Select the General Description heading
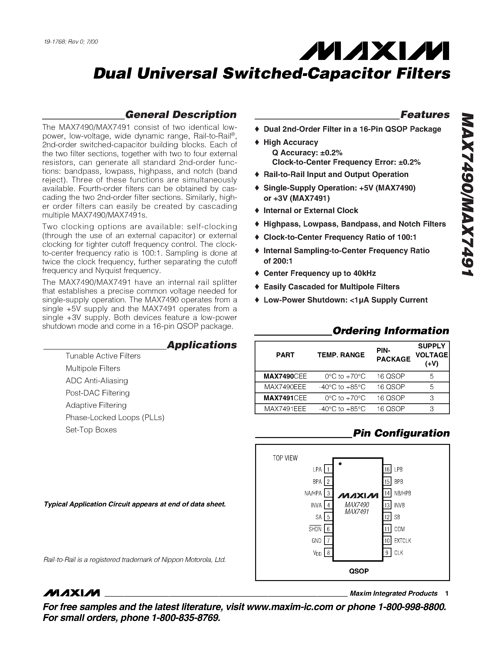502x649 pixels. click(180, 115)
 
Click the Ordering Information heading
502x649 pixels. click(390, 331)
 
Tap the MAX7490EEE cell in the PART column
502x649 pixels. click(285, 387)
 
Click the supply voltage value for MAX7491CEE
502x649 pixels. click(432, 398)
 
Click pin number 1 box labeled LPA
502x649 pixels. click(328, 469)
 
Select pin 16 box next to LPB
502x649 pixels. click(387, 469)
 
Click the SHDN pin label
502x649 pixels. click(315, 529)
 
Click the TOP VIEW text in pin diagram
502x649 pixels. click(285, 458)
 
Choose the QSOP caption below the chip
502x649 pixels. click(359, 571)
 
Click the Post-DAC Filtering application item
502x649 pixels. click(98, 393)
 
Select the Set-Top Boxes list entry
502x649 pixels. click(91, 430)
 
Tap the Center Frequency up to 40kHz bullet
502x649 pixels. click(319, 273)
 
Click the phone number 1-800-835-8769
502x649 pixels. click(186, 618)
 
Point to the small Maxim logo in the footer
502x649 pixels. click(71, 593)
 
